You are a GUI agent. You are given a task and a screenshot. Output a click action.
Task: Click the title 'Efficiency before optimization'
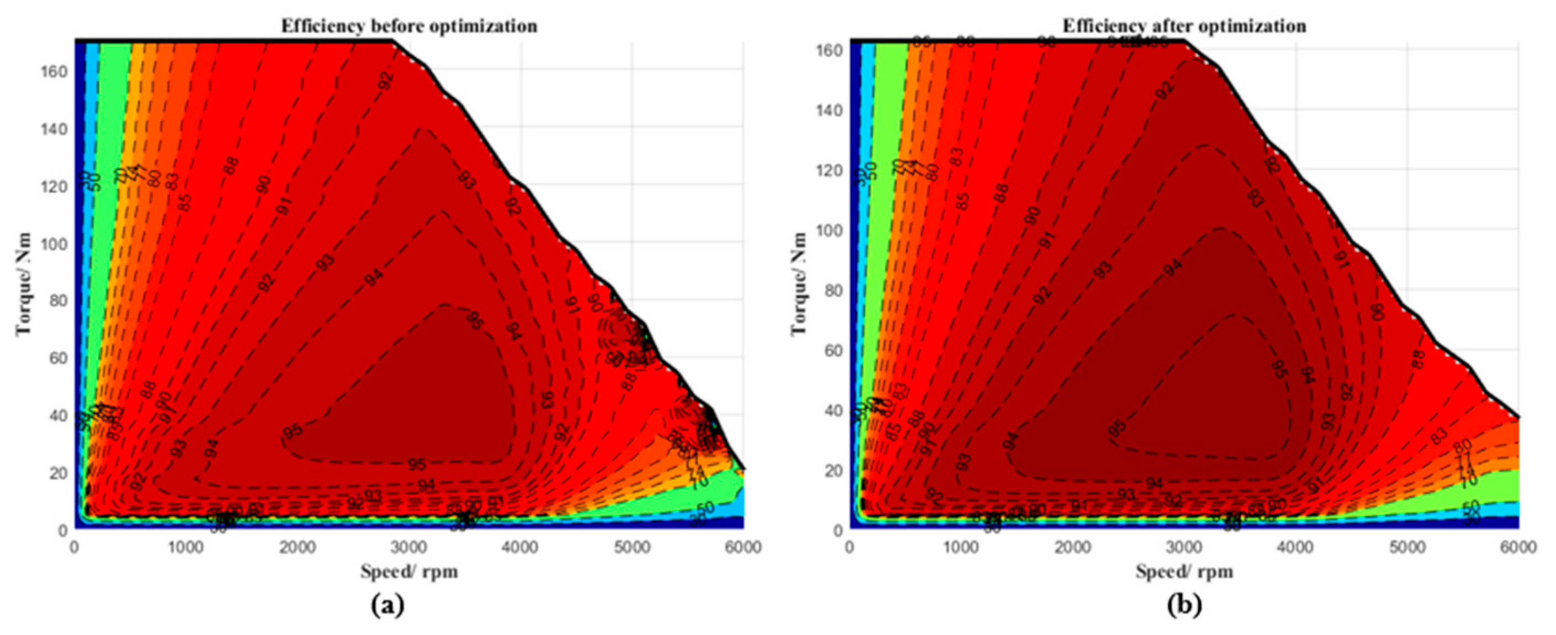[x=409, y=27]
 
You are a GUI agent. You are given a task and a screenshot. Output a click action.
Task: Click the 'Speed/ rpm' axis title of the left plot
[x=409, y=571]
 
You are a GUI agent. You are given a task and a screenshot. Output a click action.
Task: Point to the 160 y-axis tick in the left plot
[x=54, y=71]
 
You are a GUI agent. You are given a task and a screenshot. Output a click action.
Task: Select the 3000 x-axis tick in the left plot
[x=409, y=548]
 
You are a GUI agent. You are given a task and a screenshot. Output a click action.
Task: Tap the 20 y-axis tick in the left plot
[x=58, y=473]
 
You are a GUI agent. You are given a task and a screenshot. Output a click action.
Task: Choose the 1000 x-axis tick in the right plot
[x=961, y=548]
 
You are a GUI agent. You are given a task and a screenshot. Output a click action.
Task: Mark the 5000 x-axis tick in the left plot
[x=632, y=548]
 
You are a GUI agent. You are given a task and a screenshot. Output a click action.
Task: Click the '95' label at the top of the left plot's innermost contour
[x=474, y=320]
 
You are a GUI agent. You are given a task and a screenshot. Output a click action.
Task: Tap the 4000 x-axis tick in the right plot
[x=1296, y=548]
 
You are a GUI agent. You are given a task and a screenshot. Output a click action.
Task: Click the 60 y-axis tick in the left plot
[x=58, y=358]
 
